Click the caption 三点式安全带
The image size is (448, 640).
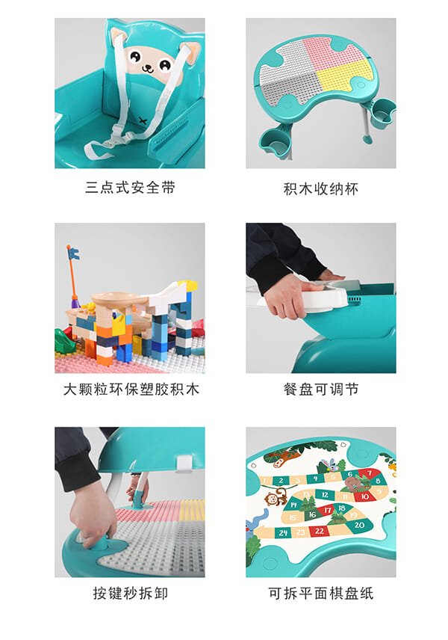[130, 188]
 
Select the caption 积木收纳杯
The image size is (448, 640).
[321, 188]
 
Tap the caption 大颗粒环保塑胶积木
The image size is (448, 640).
[130, 390]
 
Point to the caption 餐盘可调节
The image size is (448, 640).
[321, 390]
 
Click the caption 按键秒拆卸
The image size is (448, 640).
[130, 594]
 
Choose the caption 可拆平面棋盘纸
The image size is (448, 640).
[321, 594]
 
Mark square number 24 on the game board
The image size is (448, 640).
[282, 532]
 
